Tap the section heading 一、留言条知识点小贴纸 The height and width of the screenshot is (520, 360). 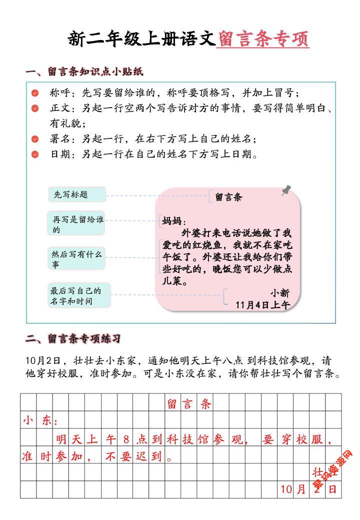pos(84,72)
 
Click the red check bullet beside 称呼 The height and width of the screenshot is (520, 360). pos(35,93)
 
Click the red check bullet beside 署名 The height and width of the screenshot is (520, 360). pos(35,139)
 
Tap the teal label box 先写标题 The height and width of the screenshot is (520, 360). pos(77,195)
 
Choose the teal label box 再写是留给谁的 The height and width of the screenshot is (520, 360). pos(77,224)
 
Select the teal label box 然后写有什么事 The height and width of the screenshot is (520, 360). pos(77,259)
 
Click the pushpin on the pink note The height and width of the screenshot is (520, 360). pos(287,190)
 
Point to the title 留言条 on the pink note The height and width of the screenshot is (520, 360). pos(228,198)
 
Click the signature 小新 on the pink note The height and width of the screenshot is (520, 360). pos(280,293)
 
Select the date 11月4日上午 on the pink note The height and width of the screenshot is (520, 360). pos(262,305)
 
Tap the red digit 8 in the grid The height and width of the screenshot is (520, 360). pos(126,440)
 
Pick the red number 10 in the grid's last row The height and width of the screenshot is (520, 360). pos(285,489)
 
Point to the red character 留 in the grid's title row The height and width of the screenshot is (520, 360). pos(171,404)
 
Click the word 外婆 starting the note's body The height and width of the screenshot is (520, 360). pos(190,234)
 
